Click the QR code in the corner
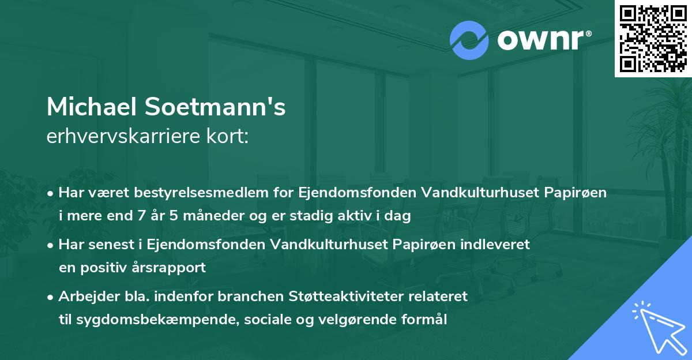[x=652, y=38]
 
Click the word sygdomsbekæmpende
[x=144, y=320]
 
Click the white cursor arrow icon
[x=657, y=325]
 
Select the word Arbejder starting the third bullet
[x=85, y=297]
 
